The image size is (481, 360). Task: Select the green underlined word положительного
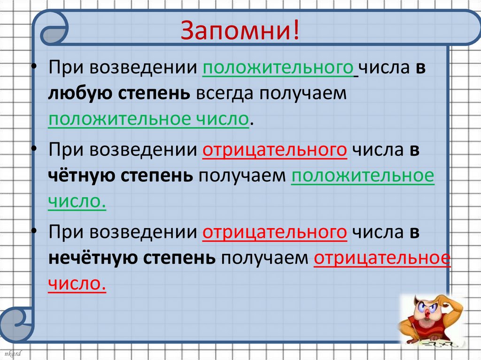tap(278, 69)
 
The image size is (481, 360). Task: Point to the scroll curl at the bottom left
tap(18, 324)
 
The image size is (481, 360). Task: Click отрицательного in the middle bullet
tap(275, 151)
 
